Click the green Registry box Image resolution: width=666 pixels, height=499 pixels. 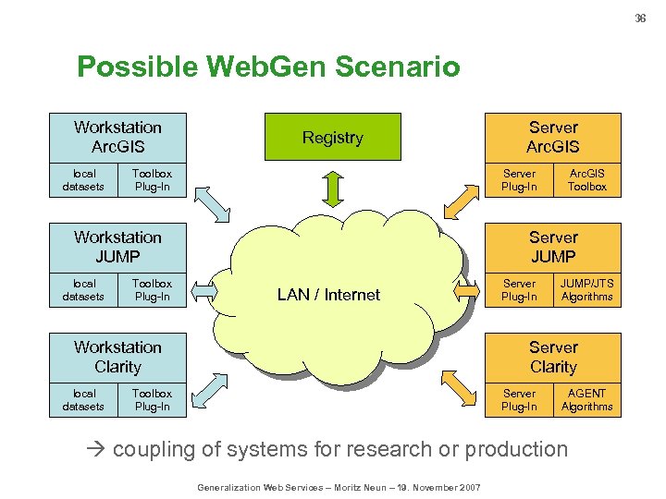(x=333, y=137)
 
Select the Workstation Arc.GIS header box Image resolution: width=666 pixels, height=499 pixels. (x=117, y=137)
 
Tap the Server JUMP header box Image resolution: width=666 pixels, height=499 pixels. (x=553, y=247)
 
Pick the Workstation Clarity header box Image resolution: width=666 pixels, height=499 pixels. (x=117, y=357)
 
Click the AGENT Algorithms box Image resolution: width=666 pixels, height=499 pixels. (x=586, y=400)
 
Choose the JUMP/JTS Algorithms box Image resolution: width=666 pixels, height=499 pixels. (x=586, y=290)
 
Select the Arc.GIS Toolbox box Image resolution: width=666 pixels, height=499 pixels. (x=586, y=180)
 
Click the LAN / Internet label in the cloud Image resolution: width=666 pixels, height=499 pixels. (x=328, y=295)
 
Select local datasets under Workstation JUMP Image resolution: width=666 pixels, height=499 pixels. (x=83, y=290)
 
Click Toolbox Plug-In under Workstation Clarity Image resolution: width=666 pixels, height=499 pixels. (x=152, y=400)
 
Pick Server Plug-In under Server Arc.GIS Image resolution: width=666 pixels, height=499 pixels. (x=519, y=180)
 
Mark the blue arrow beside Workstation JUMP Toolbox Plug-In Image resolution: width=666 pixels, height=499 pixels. (x=202, y=292)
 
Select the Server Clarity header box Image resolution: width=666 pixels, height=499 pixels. (x=553, y=357)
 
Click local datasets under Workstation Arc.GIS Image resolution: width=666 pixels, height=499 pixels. (x=83, y=180)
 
